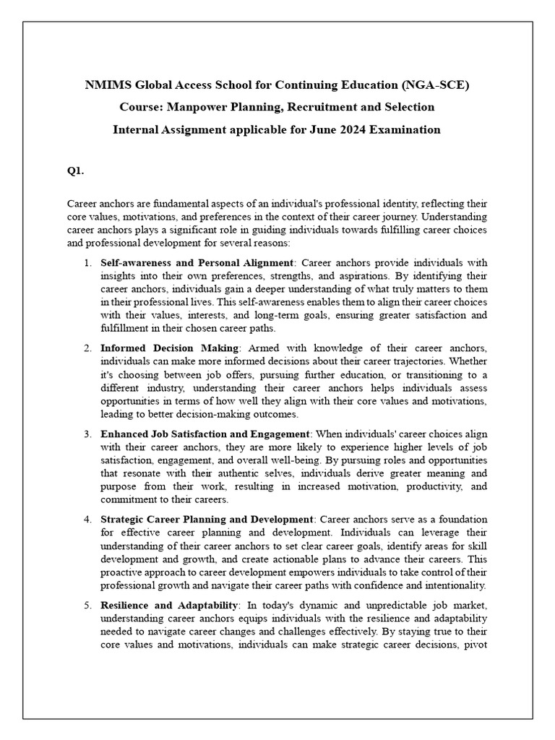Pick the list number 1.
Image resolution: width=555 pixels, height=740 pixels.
[x=87, y=262]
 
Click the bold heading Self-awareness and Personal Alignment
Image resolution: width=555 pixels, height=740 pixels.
[x=197, y=262]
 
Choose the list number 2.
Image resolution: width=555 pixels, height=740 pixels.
[x=87, y=348]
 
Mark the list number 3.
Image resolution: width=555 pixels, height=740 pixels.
[x=87, y=434]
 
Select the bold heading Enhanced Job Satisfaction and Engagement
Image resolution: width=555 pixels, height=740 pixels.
[x=205, y=434]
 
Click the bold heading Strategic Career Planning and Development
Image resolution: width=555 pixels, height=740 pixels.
[x=207, y=520]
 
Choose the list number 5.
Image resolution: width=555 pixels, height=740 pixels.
[x=87, y=605]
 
